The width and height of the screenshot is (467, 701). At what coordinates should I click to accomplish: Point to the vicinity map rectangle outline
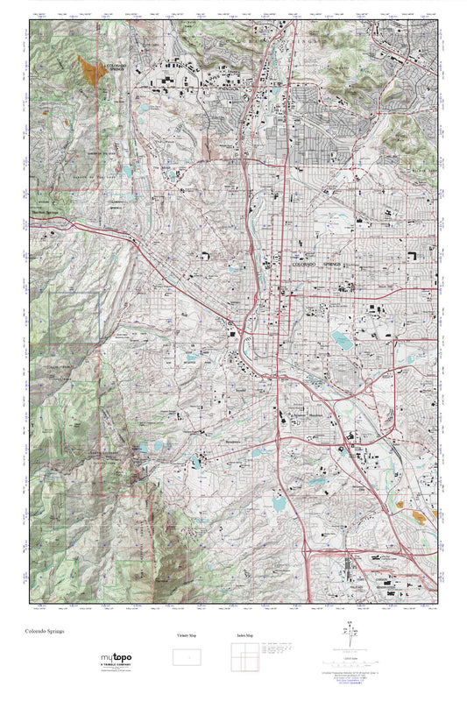184,656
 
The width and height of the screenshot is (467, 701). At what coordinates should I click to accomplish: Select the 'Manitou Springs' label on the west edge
49,210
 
